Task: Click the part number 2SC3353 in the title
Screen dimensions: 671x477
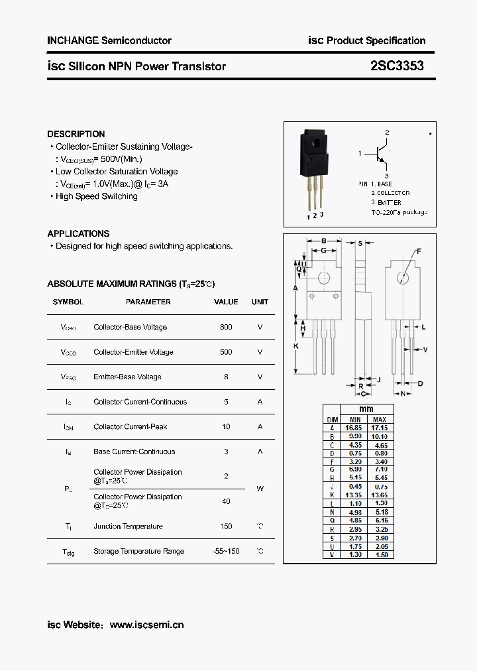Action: [x=397, y=66]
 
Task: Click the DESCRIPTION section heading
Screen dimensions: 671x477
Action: [x=76, y=134]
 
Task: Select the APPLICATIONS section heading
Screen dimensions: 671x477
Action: [x=78, y=233]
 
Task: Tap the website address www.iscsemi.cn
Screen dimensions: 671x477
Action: [x=146, y=625]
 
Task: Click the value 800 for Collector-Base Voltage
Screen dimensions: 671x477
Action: [x=226, y=327]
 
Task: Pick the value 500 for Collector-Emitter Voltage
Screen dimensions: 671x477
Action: [x=226, y=352]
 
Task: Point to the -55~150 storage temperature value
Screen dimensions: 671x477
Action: [x=226, y=551]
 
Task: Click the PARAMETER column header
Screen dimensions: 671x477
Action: [x=148, y=302]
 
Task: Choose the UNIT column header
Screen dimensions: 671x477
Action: [x=260, y=302]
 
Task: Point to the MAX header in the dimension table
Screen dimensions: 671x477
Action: [x=380, y=420]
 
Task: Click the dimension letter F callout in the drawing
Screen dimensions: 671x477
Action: [x=418, y=251]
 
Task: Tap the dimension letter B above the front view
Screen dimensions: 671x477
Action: [x=323, y=241]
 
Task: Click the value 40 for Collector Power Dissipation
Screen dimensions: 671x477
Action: [x=226, y=501]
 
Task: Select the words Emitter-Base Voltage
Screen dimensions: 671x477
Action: [x=127, y=377]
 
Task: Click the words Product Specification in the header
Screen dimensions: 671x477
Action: [x=376, y=40]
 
